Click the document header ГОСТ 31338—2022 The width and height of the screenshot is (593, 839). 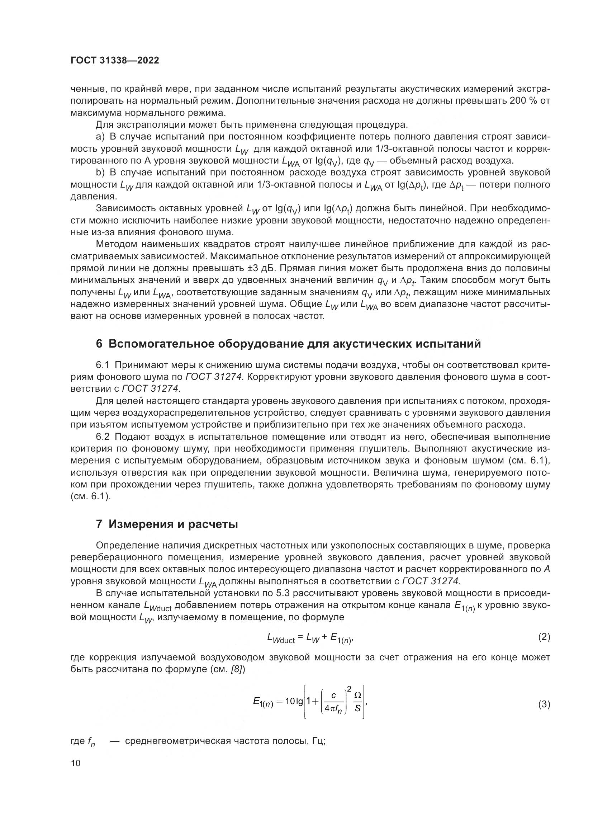click(x=115, y=61)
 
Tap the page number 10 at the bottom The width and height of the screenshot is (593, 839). click(x=76, y=763)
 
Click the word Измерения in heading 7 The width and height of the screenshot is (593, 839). click(x=138, y=524)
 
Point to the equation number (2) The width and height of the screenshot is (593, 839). click(x=544, y=637)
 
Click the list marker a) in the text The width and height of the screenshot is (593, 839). click(x=100, y=137)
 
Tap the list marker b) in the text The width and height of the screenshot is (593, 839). click(x=100, y=173)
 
